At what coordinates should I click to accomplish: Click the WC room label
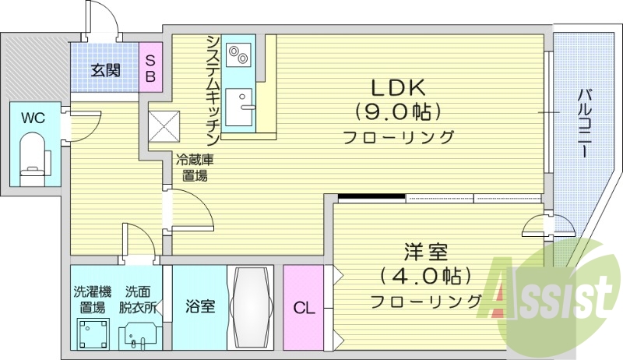pos(33,118)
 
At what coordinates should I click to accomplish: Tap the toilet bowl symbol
pos(33,156)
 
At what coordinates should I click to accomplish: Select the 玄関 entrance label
pos(105,70)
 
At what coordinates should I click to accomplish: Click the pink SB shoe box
pos(151,69)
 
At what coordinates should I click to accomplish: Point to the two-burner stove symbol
pos(239,55)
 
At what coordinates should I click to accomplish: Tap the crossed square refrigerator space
pos(164,124)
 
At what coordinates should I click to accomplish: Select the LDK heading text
pos(392,85)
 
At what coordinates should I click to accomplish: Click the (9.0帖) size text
pos(397,111)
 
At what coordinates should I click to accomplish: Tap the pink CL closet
pos(304,308)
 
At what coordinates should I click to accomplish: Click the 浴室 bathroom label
pos(200,307)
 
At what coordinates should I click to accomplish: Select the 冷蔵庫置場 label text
pos(191,168)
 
